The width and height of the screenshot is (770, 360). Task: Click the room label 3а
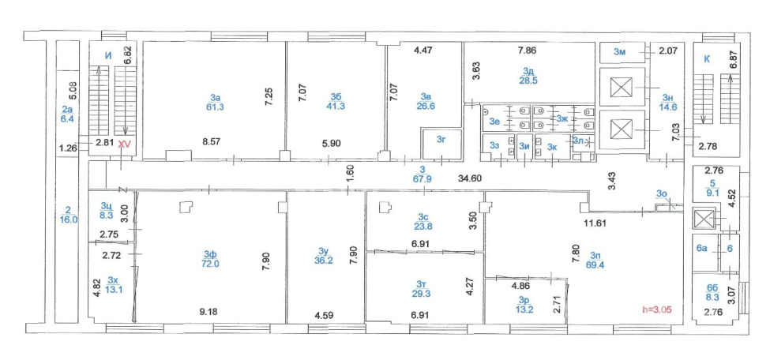[x=215, y=97]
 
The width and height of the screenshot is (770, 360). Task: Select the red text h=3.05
[x=656, y=309]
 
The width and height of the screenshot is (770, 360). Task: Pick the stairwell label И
[x=108, y=56]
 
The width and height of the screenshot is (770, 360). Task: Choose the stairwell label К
[x=707, y=59]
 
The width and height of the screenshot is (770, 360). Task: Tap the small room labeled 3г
[x=441, y=141]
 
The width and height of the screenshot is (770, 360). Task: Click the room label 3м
[x=619, y=53]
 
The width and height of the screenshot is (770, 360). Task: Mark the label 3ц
[x=106, y=205]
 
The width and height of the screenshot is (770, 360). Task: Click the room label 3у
[x=324, y=252]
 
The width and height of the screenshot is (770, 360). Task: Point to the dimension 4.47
[x=424, y=50]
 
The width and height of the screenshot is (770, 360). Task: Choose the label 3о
[x=661, y=193]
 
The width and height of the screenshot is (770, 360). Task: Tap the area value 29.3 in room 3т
[x=422, y=294]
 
